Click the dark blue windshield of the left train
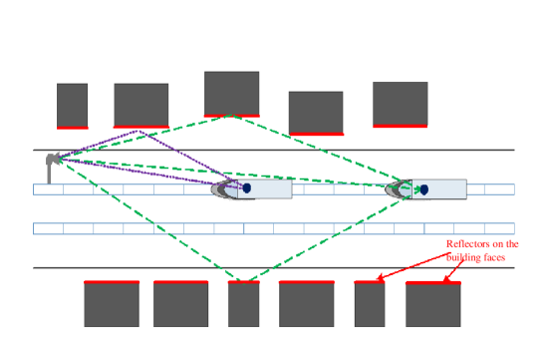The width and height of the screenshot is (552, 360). click(246, 187)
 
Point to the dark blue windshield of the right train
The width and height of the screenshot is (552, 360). click(423, 188)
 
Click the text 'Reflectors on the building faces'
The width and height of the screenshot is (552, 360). click(482, 250)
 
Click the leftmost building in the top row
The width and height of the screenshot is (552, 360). click(72, 105)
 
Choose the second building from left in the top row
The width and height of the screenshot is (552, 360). click(140, 104)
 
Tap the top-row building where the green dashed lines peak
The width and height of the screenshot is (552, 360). click(231, 94)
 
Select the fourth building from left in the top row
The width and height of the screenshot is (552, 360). click(316, 112)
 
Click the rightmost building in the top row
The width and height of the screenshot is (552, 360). click(400, 103)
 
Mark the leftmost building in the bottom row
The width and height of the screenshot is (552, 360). click(111, 304)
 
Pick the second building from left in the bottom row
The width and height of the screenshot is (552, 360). click(180, 304)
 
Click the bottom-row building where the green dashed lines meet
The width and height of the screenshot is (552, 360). click(243, 304)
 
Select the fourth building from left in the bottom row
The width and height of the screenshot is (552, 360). click(306, 304)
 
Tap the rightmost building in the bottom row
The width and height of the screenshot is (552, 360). click(432, 304)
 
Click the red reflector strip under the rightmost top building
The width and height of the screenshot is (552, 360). click(400, 126)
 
